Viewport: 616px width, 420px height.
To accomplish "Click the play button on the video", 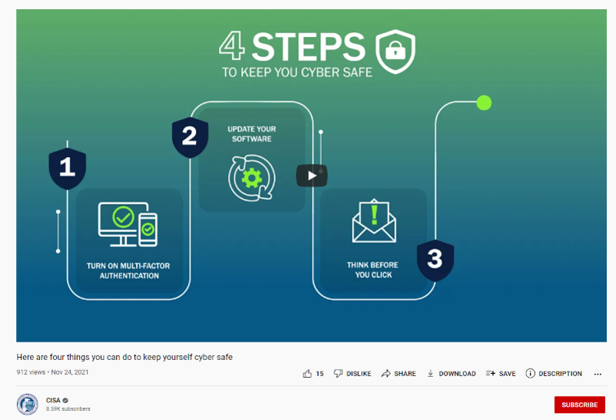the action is [312, 175].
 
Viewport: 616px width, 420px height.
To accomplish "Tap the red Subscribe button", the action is [579, 405].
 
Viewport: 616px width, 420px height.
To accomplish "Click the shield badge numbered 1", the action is [67, 168].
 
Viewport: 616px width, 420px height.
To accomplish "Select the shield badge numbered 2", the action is [190, 137].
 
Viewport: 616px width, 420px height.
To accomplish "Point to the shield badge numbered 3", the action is [436, 260].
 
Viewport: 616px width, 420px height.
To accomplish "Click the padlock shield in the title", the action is [396, 52].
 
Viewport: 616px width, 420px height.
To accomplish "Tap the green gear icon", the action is [252, 178].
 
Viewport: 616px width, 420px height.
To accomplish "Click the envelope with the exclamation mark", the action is [374, 221].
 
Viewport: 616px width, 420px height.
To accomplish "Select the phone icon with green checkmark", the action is [147, 229].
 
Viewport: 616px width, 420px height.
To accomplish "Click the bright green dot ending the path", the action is [484, 103].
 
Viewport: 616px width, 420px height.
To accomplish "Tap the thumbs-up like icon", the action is [307, 374].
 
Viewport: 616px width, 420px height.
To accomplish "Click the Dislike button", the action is [353, 374].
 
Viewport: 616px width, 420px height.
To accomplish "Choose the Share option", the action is [399, 374].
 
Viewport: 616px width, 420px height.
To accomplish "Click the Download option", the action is [452, 374].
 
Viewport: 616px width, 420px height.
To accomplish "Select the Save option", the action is [501, 374].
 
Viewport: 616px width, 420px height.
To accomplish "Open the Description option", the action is [554, 374].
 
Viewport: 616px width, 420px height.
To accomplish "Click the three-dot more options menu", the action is [598, 374].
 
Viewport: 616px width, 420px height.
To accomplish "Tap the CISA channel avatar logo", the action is [27, 405].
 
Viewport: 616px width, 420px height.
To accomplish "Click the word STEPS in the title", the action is [309, 47].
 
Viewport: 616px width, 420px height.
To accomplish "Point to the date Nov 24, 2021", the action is [70, 372].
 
